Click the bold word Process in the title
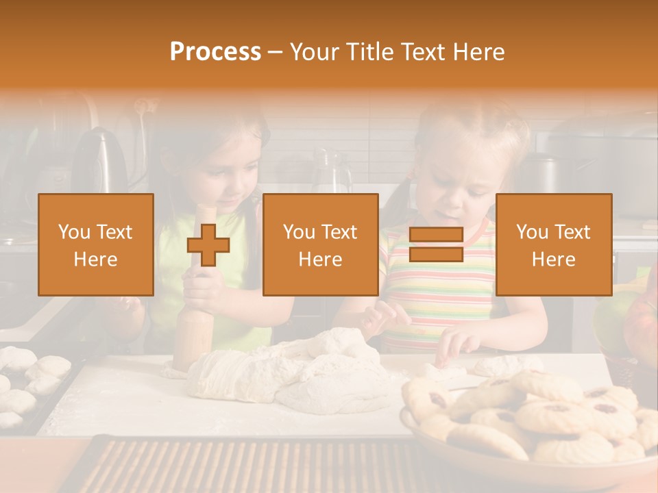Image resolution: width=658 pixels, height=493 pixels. (x=215, y=52)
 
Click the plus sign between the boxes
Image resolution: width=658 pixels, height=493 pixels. (x=208, y=245)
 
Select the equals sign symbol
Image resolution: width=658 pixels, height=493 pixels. (x=436, y=245)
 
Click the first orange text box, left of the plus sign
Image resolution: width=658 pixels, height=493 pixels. (x=95, y=245)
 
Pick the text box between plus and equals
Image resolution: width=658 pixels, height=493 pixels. (x=320, y=245)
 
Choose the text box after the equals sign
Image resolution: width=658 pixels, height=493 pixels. (x=553, y=245)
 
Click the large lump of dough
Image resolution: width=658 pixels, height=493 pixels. (x=288, y=373)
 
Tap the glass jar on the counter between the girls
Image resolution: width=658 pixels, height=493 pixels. (x=332, y=171)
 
